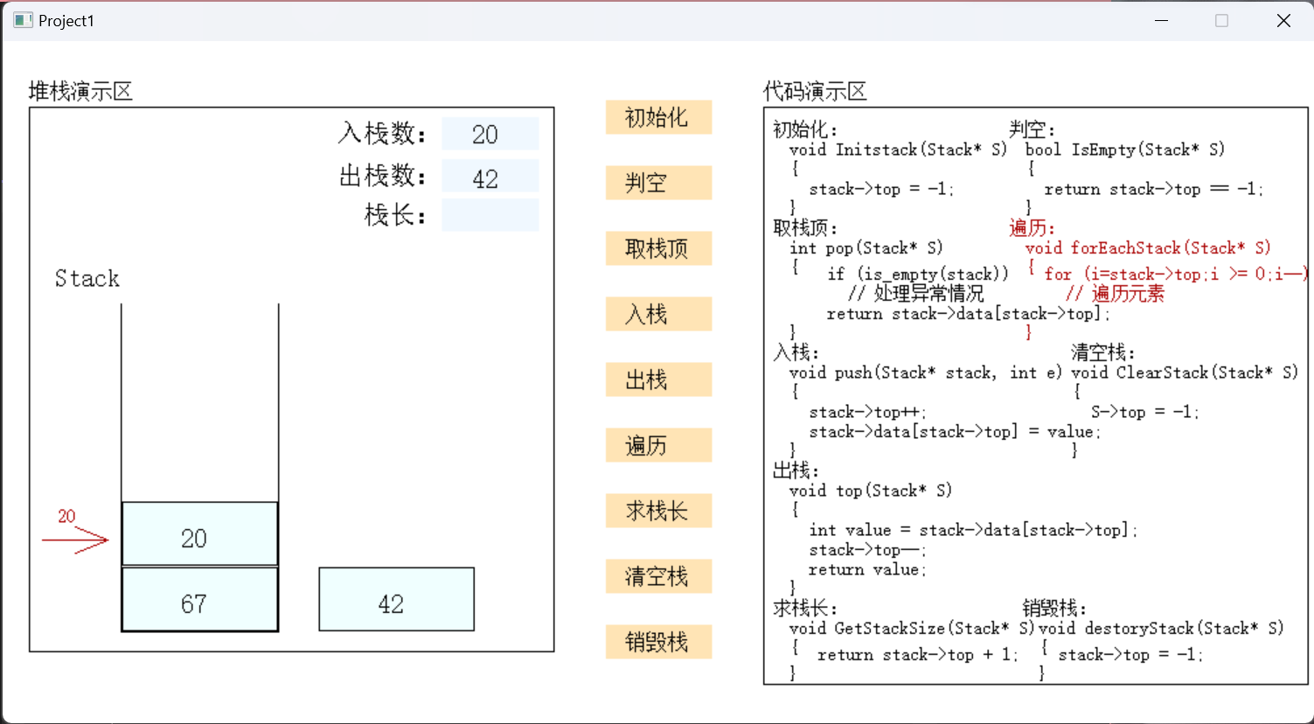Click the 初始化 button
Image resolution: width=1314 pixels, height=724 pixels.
click(x=658, y=117)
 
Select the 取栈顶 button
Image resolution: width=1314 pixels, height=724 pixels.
click(x=658, y=248)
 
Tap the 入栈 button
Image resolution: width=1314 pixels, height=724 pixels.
click(x=658, y=314)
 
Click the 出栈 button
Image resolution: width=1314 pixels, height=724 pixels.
click(x=658, y=379)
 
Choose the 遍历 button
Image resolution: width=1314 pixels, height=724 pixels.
click(x=658, y=445)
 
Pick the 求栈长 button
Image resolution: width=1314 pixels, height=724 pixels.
click(x=658, y=511)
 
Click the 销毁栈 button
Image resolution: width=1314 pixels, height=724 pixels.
click(x=658, y=642)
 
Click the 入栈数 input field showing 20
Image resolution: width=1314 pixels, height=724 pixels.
click(x=490, y=134)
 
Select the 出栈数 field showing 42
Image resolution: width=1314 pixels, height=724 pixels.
click(x=490, y=176)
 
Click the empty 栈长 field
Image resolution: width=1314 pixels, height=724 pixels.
click(x=490, y=215)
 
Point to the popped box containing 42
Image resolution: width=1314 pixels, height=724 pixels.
click(x=396, y=600)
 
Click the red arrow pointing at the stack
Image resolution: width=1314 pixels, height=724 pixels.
click(x=76, y=540)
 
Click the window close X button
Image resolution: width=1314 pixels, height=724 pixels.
click(x=1283, y=20)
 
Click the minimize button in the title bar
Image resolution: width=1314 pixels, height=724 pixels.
click(x=1161, y=20)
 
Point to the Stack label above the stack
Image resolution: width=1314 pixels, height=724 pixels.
click(x=87, y=279)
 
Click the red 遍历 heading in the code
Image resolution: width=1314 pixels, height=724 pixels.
click(x=1032, y=228)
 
